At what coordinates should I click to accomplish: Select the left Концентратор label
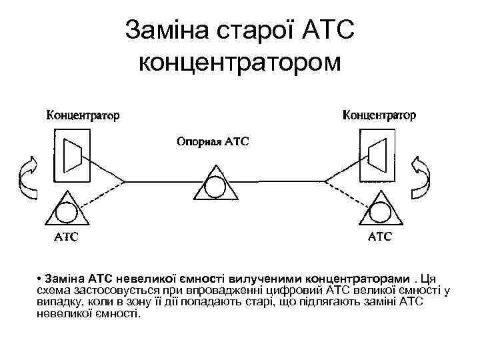click(83, 115)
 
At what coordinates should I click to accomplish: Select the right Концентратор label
click(379, 115)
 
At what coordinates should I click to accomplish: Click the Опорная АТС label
click(212, 142)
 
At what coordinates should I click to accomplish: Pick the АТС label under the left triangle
click(65, 236)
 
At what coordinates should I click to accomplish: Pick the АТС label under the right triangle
click(380, 236)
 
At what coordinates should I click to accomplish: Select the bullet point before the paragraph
click(41, 278)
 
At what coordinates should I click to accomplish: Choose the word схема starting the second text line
click(52, 290)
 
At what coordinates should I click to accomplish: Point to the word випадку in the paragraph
click(56, 302)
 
